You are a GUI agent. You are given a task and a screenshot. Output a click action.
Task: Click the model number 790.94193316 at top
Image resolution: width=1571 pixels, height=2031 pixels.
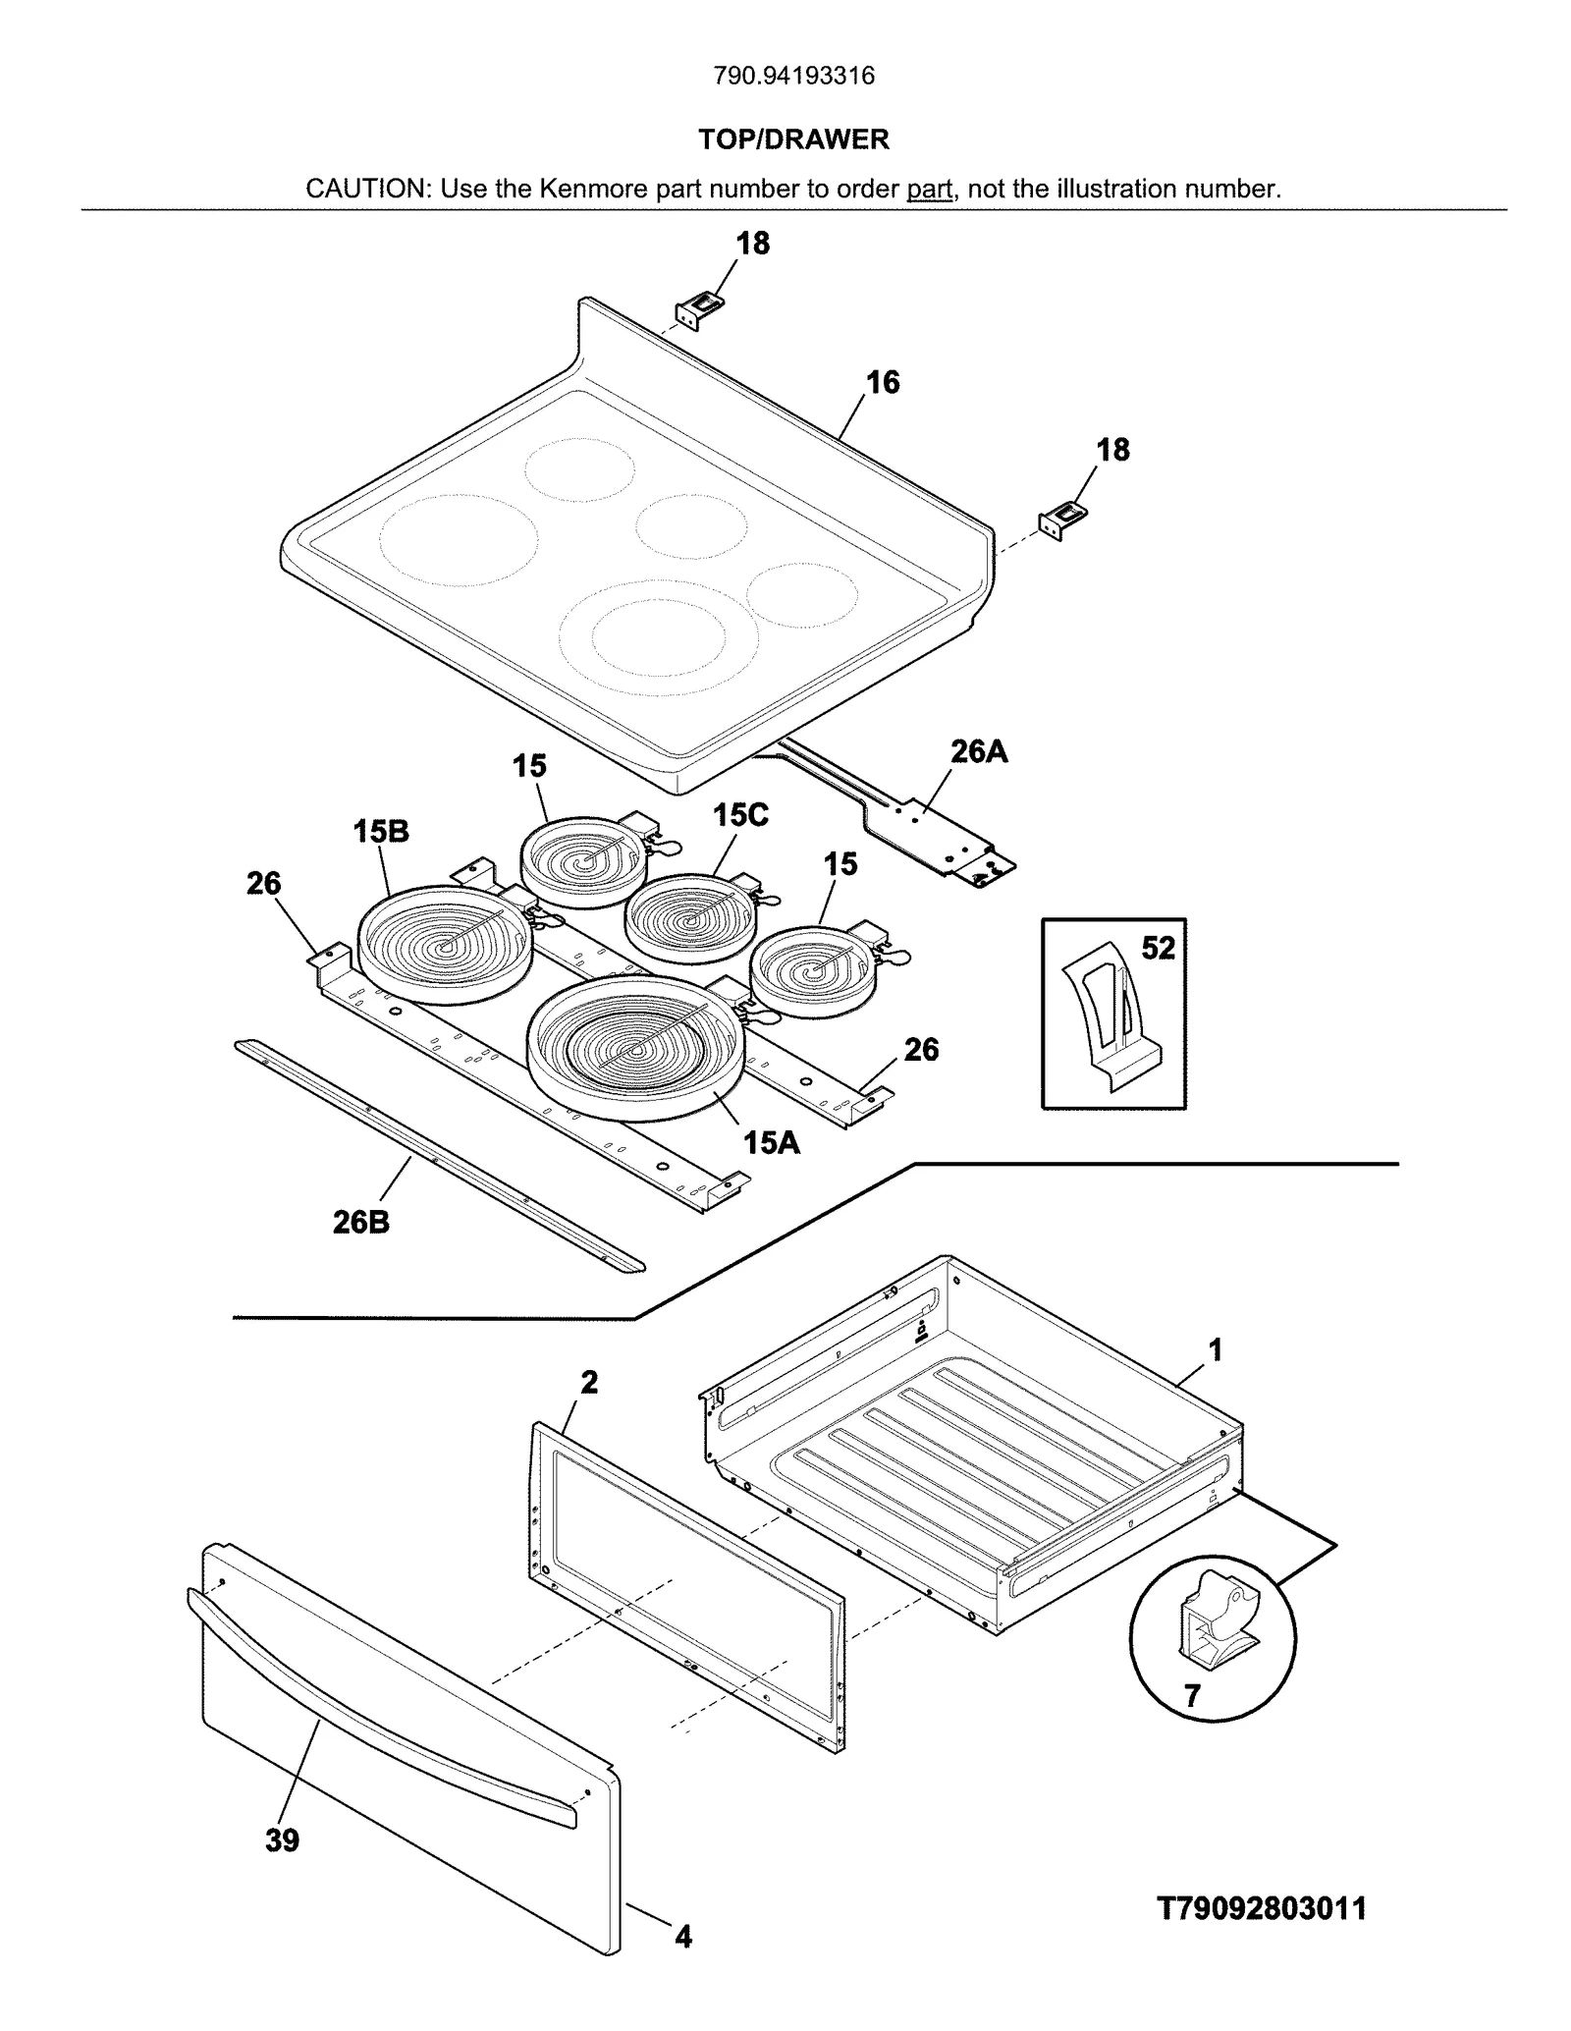[x=793, y=76]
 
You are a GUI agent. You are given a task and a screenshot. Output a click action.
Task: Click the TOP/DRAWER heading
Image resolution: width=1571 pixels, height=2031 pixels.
[x=793, y=139]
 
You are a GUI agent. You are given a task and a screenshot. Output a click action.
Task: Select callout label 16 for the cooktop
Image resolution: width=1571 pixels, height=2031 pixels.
[x=882, y=382]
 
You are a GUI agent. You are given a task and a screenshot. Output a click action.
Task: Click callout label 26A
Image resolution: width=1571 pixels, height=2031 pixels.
[x=978, y=751]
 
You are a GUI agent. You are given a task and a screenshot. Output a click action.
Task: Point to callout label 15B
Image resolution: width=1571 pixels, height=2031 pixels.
[x=381, y=831]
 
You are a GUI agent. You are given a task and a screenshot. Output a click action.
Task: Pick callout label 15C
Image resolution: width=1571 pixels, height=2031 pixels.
[x=740, y=814]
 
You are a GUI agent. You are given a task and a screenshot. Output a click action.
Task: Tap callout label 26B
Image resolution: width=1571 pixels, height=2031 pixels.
[x=361, y=1222]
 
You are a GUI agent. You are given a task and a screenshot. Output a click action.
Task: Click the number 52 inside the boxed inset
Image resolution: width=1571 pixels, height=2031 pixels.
[x=1158, y=948]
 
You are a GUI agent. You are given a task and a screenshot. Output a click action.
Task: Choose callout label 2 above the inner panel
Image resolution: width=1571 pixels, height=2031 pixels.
[x=588, y=1382]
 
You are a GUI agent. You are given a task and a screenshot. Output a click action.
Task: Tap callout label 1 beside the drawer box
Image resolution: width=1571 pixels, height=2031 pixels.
[x=1215, y=1350]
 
